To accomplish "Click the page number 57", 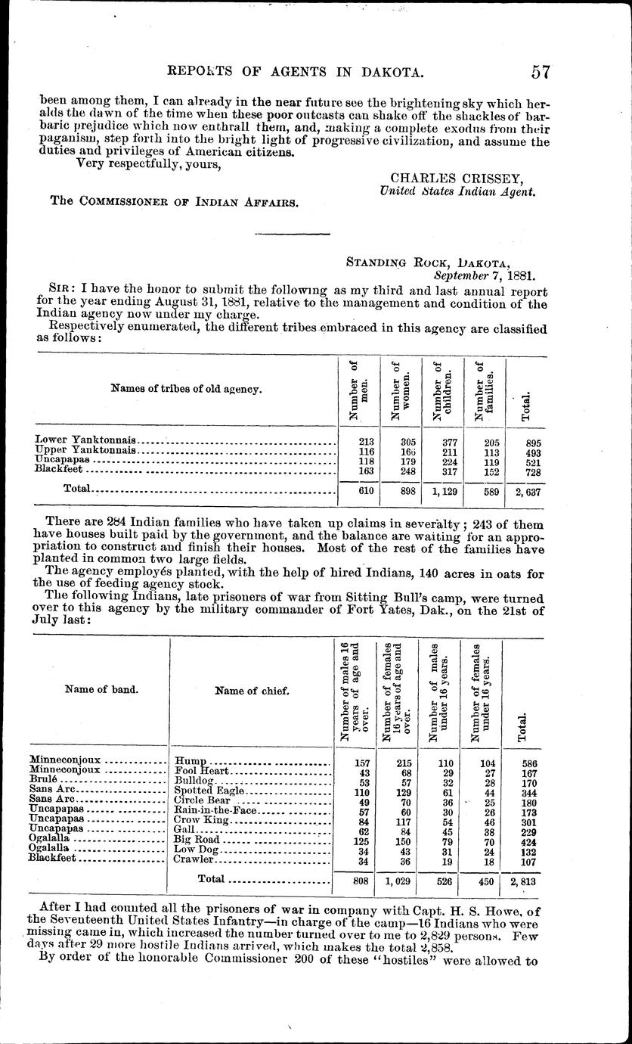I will tap(540, 72).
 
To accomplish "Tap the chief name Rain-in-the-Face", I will tap(216, 810).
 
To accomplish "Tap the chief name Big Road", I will tap(197, 840).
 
